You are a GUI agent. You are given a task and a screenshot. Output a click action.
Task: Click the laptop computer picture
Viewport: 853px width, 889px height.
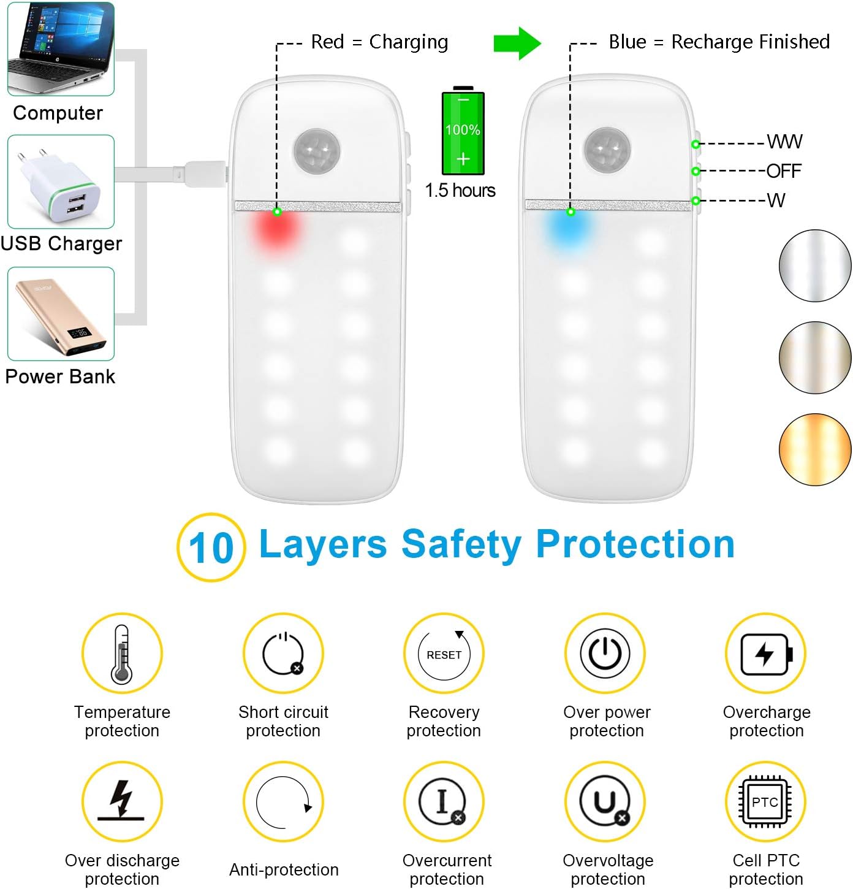click(61, 48)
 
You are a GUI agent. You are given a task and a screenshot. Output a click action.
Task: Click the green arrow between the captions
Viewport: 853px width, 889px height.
click(517, 43)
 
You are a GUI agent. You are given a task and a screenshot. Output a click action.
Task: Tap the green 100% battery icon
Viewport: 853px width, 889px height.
click(463, 132)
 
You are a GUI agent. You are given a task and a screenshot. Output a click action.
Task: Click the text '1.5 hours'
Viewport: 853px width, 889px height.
click(460, 191)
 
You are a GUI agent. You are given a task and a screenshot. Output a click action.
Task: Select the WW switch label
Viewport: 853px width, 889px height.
click(784, 142)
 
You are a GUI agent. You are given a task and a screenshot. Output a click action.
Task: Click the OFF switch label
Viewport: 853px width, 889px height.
click(784, 171)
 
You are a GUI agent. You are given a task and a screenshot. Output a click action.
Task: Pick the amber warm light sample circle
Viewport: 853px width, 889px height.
click(815, 449)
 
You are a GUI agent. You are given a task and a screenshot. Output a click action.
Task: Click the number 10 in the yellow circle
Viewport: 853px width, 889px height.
click(211, 548)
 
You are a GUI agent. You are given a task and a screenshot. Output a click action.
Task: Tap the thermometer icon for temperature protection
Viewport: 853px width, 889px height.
click(122, 654)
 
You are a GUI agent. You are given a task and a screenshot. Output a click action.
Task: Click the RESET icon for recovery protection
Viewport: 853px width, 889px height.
click(444, 654)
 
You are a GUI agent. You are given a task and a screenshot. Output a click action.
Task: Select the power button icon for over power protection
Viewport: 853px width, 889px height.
click(605, 654)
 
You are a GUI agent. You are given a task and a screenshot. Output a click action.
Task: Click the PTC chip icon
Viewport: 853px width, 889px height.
click(765, 802)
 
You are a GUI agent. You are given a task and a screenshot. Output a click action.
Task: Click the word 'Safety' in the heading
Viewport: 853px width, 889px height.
click(461, 544)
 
